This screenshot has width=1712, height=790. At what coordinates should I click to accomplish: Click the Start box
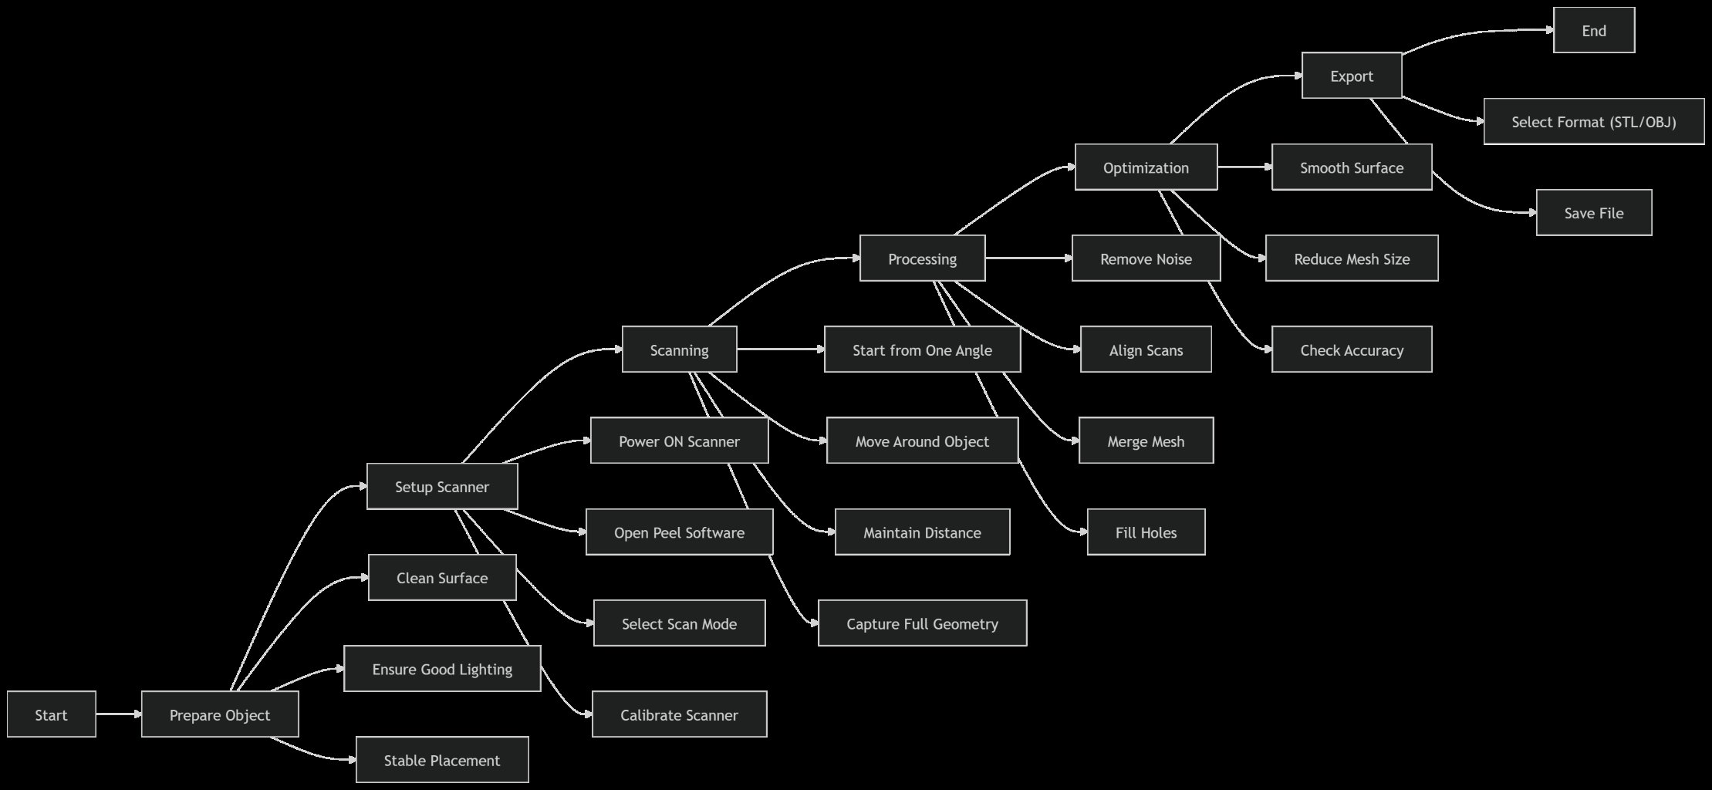coord(51,714)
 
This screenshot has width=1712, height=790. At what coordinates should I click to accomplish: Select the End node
coord(1593,31)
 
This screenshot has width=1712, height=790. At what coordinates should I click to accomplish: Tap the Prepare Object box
coord(220,714)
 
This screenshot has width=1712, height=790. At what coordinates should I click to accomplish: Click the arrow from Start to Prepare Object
coord(119,714)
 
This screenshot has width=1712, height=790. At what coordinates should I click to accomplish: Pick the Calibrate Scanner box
coord(679,714)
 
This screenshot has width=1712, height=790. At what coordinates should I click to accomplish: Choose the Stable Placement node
coord(441,760)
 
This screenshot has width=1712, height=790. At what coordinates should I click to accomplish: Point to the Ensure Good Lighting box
coord(441,669)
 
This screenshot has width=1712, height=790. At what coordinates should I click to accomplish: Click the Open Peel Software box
coord(679,532)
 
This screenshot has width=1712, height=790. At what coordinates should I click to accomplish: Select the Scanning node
coord(679,349)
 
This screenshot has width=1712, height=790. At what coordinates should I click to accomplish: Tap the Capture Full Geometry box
coord(922,623)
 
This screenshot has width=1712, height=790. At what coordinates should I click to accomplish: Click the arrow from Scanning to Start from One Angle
coord(780,349)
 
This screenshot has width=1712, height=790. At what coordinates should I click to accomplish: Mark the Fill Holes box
coord(1146,532)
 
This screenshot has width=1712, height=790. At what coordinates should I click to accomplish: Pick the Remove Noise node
coord(1146,258)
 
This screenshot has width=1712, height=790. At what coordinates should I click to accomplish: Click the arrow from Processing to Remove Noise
coord(1028,258)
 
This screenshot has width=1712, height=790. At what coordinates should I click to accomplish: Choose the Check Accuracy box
coord(1351,349)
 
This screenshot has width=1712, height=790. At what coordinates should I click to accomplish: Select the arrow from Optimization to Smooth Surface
coord(1244,167)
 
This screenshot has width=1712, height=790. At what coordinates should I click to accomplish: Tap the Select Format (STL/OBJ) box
coord(1593,122)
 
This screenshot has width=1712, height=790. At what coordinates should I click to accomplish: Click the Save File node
coord(1593,213)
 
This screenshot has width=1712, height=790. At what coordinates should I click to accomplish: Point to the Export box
coord(1351,76)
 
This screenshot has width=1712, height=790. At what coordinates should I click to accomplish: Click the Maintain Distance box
coord(922,532)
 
